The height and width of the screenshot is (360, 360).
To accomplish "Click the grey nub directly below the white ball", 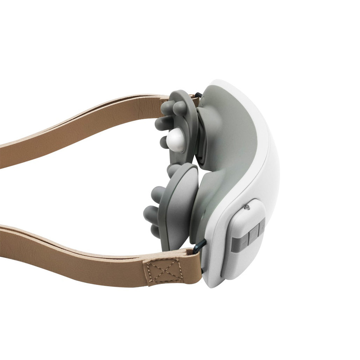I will point(164,142).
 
